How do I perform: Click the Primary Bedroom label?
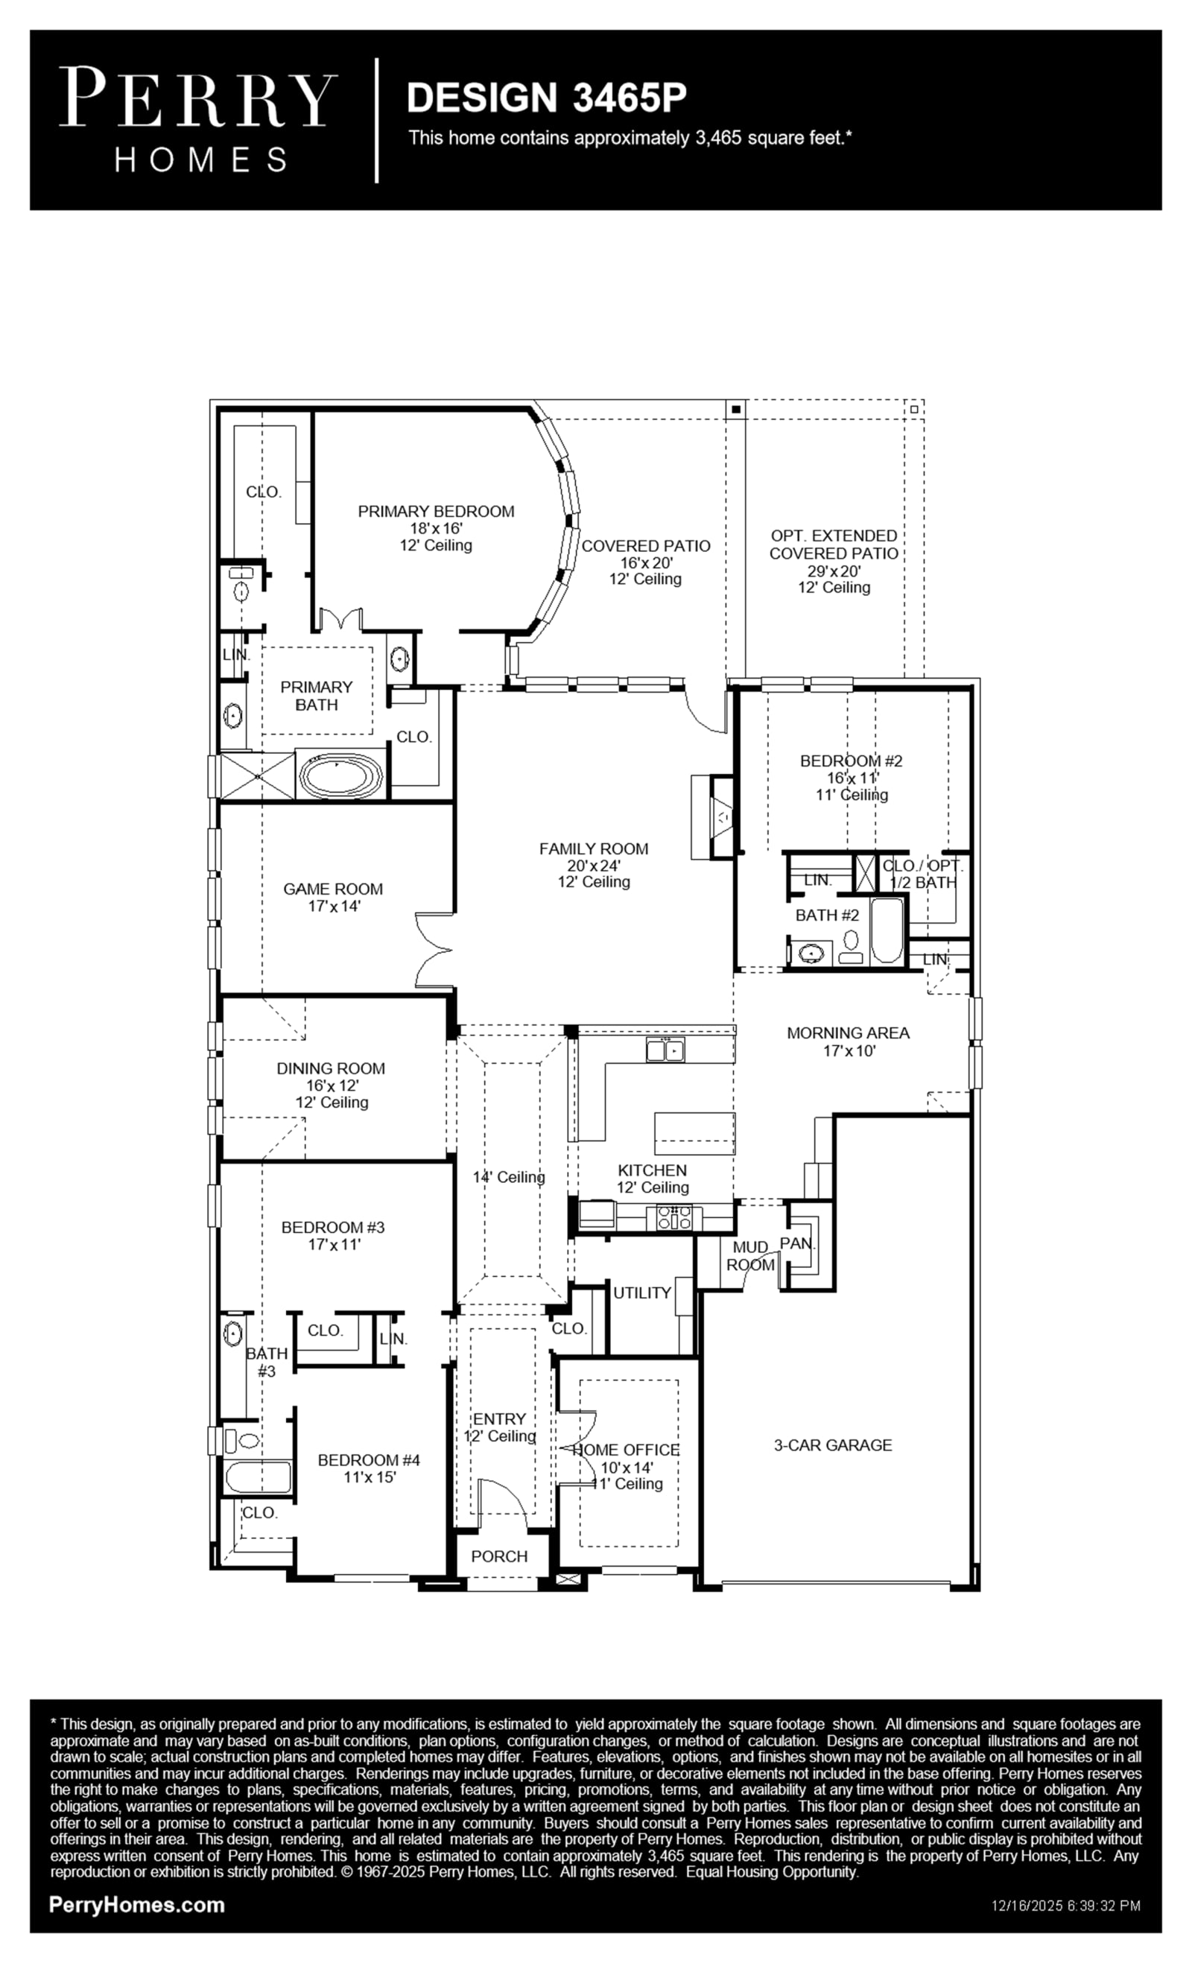[436, 512]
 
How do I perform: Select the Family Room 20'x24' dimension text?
[594, 865]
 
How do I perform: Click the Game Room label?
[333, 888]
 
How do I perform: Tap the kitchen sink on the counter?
[665, 1050]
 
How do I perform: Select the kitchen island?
[694, 1133]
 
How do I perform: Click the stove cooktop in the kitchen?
[675, 1218]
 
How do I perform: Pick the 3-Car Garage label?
[833, 1444]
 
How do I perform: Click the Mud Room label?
[750, 1256]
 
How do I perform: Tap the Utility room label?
[641, 1293]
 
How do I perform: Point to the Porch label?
[499, 1556]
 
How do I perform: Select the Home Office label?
[627, 1450]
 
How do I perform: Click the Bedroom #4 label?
[369, 1459]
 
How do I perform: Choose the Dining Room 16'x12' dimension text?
[332, 1085]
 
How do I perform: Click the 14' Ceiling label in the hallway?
[508, 1177]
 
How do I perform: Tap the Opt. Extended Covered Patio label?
[834, 544]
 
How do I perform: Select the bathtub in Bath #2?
[887, 930]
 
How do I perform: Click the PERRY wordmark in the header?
[198, 97]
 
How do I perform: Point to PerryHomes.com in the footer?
[136, 1904]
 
